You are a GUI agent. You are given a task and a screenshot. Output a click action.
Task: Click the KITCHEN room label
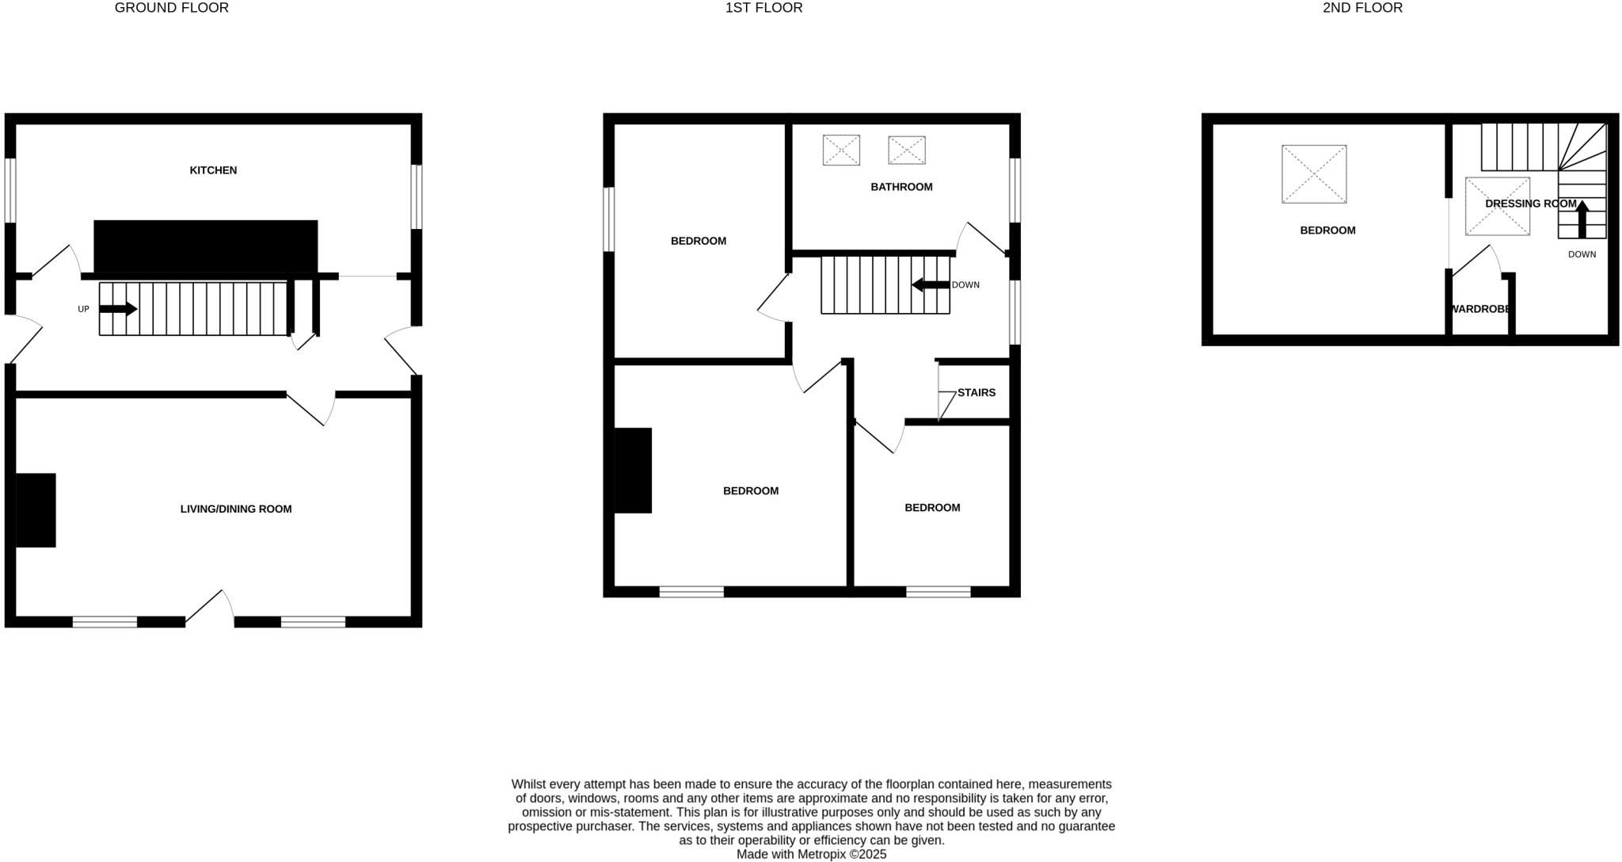pyautogui.click(x=213, y=170)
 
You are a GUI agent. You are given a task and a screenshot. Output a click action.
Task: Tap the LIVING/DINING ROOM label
pyautogui.click(x=236, y=509)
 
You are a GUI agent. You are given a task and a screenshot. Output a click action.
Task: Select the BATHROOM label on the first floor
pyautogui.click(x=901, y=187)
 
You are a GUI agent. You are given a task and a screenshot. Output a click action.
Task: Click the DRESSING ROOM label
pyautogui.click(x=1530, y=204)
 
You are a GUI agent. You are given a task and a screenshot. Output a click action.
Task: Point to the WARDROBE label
pyautogui.click(x=1479, y=309)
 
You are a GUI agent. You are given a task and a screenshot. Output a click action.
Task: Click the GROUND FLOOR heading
pyautogui.click(x=172, y=8)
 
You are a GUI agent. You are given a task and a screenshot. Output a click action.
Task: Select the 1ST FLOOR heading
pyautogui.click(x=763, y=8)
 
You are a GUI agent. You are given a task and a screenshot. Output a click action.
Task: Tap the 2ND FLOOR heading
pyautogui.click(x=1362, y=8)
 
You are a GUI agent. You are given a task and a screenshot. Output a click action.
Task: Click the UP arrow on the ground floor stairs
pyautogui.click(x=118, y=309)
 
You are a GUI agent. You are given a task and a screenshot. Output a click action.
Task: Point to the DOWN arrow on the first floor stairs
pyautogui.click(x=930, y=285)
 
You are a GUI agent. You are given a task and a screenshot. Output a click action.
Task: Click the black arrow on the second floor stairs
pyautogui.click(x=1582, y=219)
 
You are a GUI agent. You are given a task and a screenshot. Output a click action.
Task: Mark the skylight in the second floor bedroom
pyautogui.click(x=1314, y=174)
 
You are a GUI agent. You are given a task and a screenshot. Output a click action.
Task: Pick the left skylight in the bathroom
pyautogui.click(x=841, y=150)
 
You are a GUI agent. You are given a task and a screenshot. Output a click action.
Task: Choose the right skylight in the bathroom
pyautogui.click(x=907, y=150)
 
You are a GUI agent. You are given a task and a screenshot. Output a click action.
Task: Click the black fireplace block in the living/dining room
pyautogui.click(x=36, y=510)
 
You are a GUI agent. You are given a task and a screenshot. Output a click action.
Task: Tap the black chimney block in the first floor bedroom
pyautogui.click(x=633, y=471)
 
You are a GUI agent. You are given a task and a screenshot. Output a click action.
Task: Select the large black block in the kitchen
pyautogui.click(x=206, y=246)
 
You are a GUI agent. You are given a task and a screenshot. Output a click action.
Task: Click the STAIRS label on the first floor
pyautogui.click(x=976, y=393)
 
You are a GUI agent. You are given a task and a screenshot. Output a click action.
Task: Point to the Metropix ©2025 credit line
pyautogui.click(x=811, y=855)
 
